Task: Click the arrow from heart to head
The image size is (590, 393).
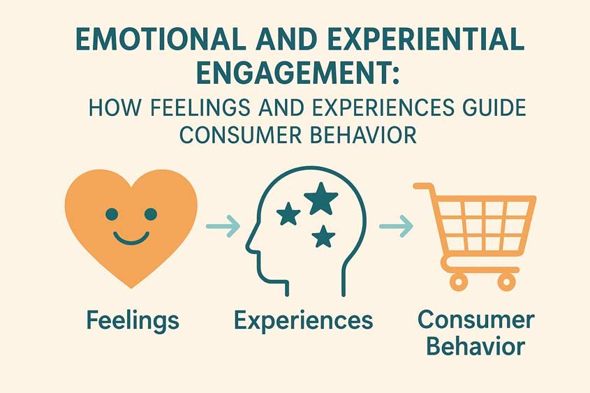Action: (223, 225)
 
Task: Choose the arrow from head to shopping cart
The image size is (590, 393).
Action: (395, 225)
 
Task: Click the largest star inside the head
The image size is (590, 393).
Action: (320, 200)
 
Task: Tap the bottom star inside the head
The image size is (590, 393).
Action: (322, 237)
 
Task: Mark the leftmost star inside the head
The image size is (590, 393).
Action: (288, 214)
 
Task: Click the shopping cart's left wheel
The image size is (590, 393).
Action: (458, 281)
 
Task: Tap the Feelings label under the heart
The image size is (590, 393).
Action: (133, 320)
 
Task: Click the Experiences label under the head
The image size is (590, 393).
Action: (303, 320)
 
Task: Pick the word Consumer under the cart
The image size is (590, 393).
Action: (475, 320)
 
